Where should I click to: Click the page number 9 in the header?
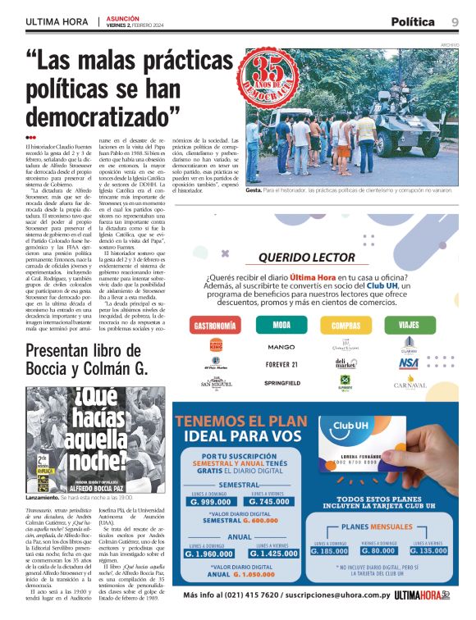click(454, 22)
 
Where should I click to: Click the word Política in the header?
click(413, 22)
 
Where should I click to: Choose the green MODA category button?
click(281, 325)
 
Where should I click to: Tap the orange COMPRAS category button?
click(346, 325)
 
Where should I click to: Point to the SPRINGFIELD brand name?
click(281, 382)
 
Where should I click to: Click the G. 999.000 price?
click(210, 502)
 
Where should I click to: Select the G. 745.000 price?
click(270, 502)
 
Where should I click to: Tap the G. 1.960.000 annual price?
click(210, 554)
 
